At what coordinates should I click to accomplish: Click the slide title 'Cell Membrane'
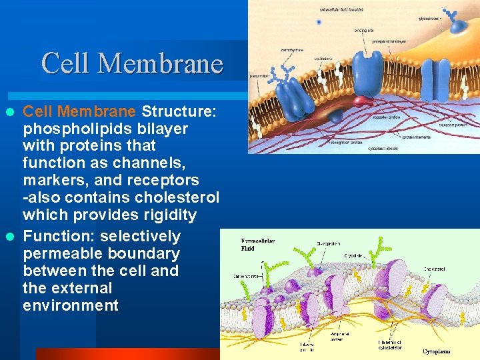coord(132,63)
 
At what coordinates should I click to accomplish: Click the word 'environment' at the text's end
coord(71,305)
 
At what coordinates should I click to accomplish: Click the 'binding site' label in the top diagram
coord(363,30)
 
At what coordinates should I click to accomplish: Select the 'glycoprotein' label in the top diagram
coord(429,19)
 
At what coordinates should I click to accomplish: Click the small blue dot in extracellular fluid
coord(319,22)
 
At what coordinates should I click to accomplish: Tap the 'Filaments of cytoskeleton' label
coord(391,344)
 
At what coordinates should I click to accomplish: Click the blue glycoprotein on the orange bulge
coord(459,23)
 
